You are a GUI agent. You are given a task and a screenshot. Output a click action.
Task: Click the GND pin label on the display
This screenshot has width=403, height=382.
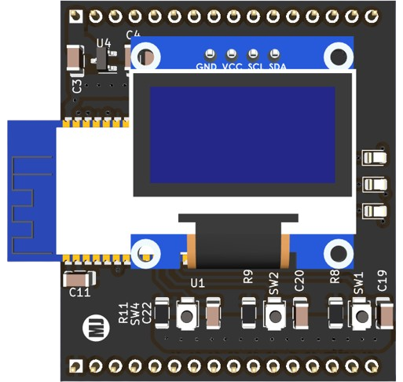pos(207,67)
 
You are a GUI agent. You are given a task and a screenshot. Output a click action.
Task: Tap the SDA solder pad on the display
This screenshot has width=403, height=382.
pos(274,54)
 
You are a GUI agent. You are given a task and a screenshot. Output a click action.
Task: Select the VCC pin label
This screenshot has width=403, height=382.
pos(232,67)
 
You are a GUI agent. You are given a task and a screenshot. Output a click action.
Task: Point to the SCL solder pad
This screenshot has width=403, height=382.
pos(253,54)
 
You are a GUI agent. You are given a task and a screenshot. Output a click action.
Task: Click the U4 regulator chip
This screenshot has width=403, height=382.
pos(104,61)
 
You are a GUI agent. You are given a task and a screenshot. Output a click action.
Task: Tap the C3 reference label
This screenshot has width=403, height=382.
pos(77,86)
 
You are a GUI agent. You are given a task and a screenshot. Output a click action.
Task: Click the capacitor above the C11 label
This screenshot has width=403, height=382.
pos(79,279)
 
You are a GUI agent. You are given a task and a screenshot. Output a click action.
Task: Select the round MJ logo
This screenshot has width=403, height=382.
pos(96,328)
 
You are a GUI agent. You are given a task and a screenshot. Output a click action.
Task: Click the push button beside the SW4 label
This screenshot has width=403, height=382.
pos(187,314)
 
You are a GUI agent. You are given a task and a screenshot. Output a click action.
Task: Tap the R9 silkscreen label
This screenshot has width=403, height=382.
pos(248,277)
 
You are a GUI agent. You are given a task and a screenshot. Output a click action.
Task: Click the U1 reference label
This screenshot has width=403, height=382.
pos(198,283)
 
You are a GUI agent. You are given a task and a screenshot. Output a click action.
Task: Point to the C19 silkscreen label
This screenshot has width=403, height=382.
pos(382,281)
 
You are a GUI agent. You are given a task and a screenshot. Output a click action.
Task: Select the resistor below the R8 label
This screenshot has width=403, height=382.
pos(335,313)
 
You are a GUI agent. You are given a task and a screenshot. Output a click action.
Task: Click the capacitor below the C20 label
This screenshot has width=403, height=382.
pos(300,314)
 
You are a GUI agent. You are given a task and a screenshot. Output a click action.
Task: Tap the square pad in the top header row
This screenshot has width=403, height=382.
pos(76,17)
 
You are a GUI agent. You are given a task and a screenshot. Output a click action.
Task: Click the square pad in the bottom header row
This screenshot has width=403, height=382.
pos(76,365)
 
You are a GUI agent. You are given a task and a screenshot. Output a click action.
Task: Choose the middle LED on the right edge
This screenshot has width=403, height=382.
pos(375,185)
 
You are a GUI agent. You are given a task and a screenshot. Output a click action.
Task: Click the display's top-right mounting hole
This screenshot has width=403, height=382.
pos(339,57)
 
